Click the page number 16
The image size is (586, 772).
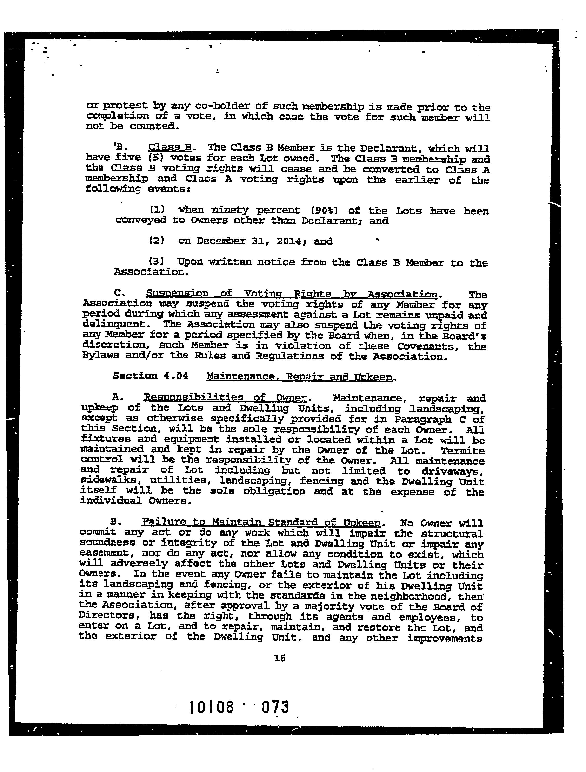(280, 658)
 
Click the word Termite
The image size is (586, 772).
(463, 451)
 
